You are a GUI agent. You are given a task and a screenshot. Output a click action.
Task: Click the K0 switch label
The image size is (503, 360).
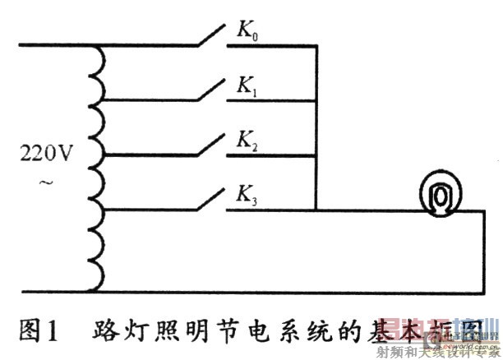coord(248,33)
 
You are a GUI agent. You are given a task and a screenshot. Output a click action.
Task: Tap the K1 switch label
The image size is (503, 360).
coord(247,88)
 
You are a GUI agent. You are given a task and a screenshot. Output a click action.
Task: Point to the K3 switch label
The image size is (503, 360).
coord(247,196)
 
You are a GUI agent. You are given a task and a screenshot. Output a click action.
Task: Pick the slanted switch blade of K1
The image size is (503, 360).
coord(208,88)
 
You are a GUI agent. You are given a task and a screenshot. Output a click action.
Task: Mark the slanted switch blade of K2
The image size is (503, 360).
coord(208,142)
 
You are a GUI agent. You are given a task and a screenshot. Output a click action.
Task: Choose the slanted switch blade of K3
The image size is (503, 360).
coord(208,197)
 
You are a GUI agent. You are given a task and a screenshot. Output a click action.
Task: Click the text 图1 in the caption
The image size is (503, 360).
coord(39,334)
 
